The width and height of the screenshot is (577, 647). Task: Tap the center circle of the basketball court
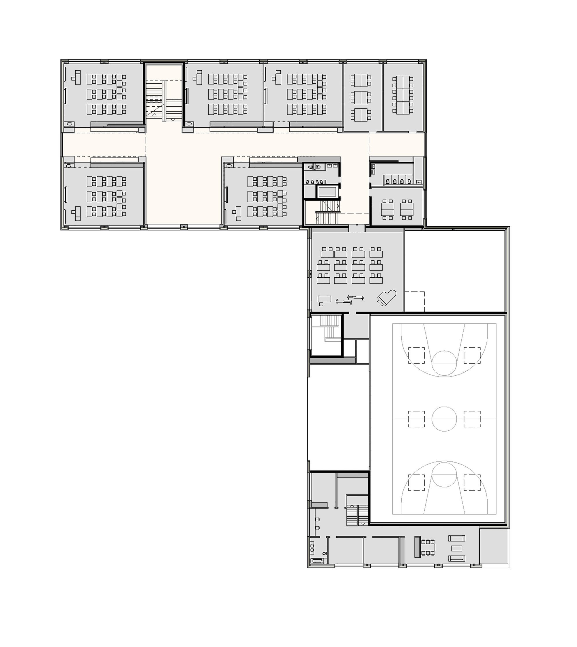(444, 419)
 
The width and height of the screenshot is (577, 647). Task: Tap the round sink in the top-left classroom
(70, 124)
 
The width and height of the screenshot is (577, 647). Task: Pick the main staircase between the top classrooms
(164, 100)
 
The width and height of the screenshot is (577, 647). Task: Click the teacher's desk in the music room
(324, 299)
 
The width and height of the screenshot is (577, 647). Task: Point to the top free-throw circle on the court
(444, 363)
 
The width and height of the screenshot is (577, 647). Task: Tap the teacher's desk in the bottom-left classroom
(77, 212)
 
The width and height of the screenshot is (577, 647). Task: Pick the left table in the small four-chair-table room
(387, 209)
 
